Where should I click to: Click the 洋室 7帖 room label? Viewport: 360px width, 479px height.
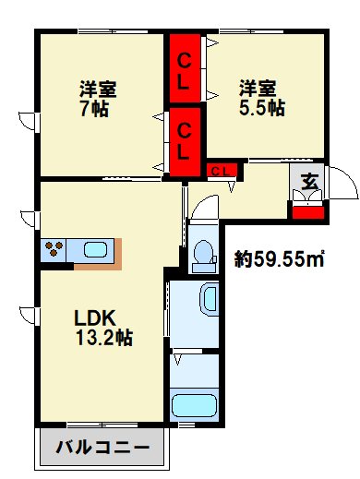coord(97,98)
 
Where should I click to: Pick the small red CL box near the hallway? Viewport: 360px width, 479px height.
coord(222,170)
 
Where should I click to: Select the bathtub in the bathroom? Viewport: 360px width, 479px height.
coord(195,404)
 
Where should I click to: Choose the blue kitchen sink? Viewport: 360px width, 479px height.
coord(95,249)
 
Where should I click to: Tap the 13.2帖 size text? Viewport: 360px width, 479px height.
coord(103,338)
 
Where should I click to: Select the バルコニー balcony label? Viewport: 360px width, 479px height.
coord(102,449)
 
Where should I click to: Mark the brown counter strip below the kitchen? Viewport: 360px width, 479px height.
coord(97,266)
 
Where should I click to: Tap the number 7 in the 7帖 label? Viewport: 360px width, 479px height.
coord(84,108)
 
